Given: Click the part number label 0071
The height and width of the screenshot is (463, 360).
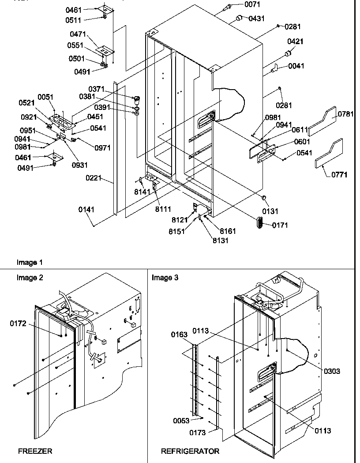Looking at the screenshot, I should tap(252, 4).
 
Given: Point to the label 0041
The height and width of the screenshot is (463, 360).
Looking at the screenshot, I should tap(296, 66).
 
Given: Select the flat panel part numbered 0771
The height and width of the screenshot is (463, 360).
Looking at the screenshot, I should tap(328, 154).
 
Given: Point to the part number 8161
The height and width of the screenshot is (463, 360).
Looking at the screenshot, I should tap(228, 231).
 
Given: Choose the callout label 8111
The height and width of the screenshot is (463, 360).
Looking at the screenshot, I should tap(163, 209).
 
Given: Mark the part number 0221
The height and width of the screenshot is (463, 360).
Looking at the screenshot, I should tap(94, 178).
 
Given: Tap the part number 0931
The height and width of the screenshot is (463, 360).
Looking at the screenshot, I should tap(81, 165).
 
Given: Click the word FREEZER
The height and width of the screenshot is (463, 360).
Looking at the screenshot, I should tap(35, 451).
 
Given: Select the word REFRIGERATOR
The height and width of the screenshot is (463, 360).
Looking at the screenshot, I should tap(190, 451).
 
